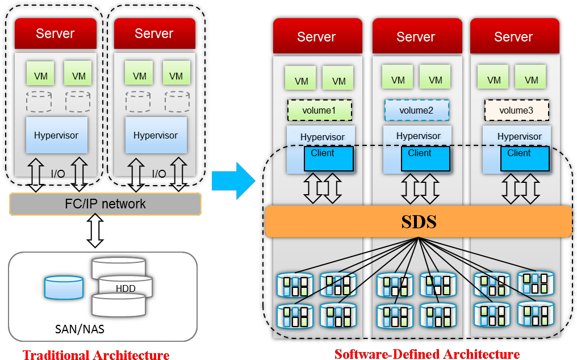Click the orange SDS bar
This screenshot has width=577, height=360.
point(419,221)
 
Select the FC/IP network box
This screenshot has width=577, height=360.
point(105,204)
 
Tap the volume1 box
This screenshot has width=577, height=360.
point(320,110)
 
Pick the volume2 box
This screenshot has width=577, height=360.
point(416,110)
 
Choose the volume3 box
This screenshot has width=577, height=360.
point(516,110)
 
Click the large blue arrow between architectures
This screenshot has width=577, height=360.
point(233,181)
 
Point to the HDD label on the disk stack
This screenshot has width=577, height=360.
point(126,288)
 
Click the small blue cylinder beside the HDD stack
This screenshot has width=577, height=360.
point(64,287)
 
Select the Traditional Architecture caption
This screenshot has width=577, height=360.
point(96,355)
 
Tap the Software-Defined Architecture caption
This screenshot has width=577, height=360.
point(427,354)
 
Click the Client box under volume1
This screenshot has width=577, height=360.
point(328,158)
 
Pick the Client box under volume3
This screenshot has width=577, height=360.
point(524,158)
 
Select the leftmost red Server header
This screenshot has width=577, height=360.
point(56,34)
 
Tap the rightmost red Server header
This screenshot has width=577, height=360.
point(514,37)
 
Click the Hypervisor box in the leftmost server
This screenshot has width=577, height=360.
point(56,135)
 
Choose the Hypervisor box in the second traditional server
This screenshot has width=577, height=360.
point(156,135)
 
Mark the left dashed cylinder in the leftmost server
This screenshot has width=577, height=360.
point(39,102)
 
